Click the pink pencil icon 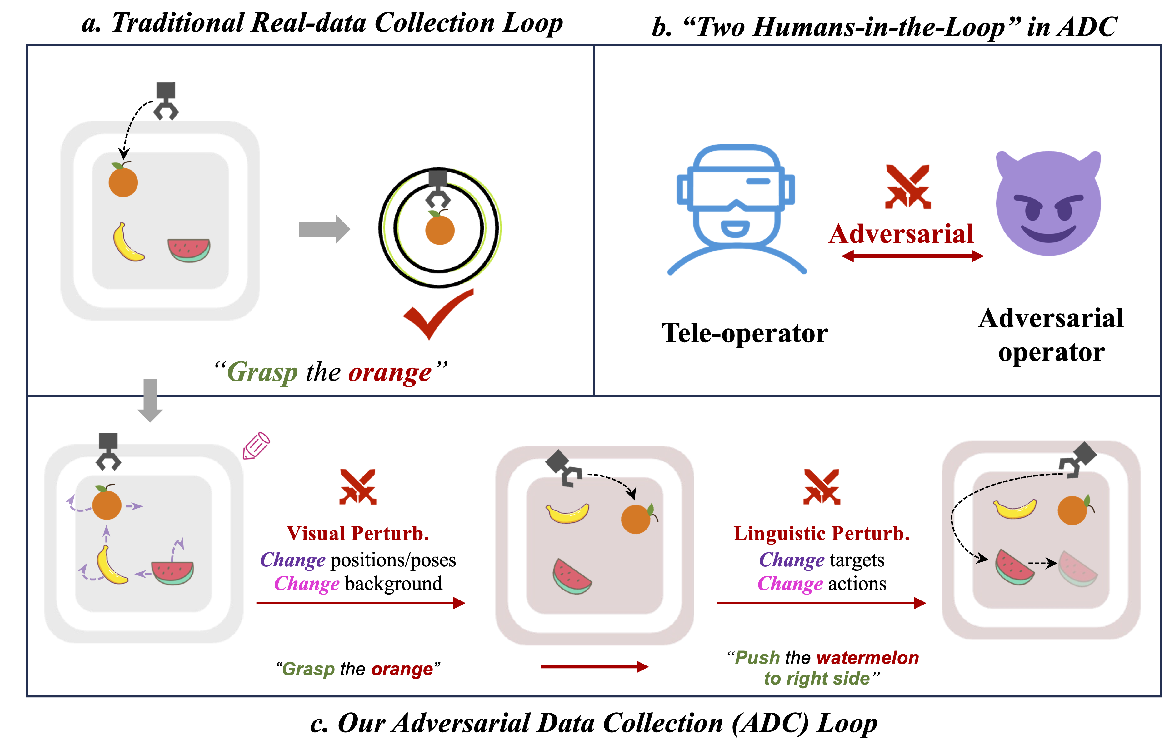tap(256, 445)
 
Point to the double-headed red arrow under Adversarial tap(912, 256)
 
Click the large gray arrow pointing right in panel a tap(324, 228)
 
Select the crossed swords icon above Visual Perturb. tap(358, 487)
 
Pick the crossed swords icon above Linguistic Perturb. tap(822, 487)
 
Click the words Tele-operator tap(744, 334)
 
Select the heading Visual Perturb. tap(358, 533)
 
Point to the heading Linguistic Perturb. tap(822, 533)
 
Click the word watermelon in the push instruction tap(867, 658)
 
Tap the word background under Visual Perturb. tap(393, 584)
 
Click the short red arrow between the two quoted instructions tap(594, 666)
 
